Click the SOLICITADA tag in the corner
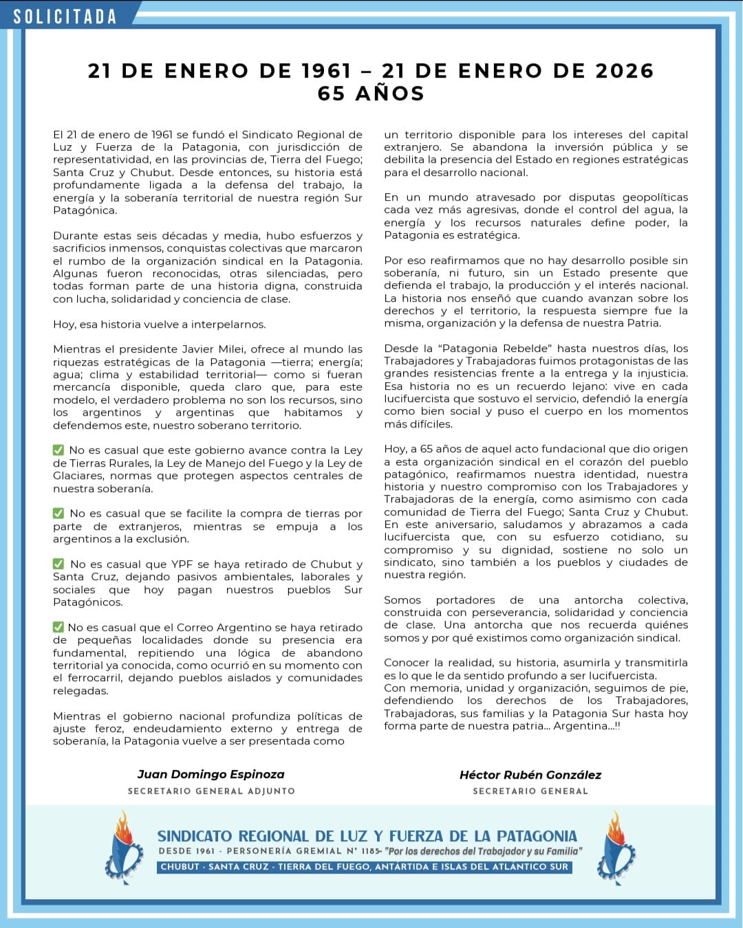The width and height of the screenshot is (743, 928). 65,16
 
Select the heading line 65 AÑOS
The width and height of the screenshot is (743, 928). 371,93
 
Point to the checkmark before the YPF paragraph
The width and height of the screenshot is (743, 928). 58,564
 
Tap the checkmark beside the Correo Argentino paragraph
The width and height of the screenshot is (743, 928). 58,627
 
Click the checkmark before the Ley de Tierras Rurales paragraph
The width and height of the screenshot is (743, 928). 58,450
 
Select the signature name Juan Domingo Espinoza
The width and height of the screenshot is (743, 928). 211,775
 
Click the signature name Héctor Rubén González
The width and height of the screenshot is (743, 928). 530,775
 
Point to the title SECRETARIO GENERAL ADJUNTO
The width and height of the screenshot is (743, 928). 211,791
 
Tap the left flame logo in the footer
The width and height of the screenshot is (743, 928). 124,847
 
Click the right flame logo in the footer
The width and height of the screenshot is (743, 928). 617,847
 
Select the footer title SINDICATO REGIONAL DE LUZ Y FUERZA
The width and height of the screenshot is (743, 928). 367,836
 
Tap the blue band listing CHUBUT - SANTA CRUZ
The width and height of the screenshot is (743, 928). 365,867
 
